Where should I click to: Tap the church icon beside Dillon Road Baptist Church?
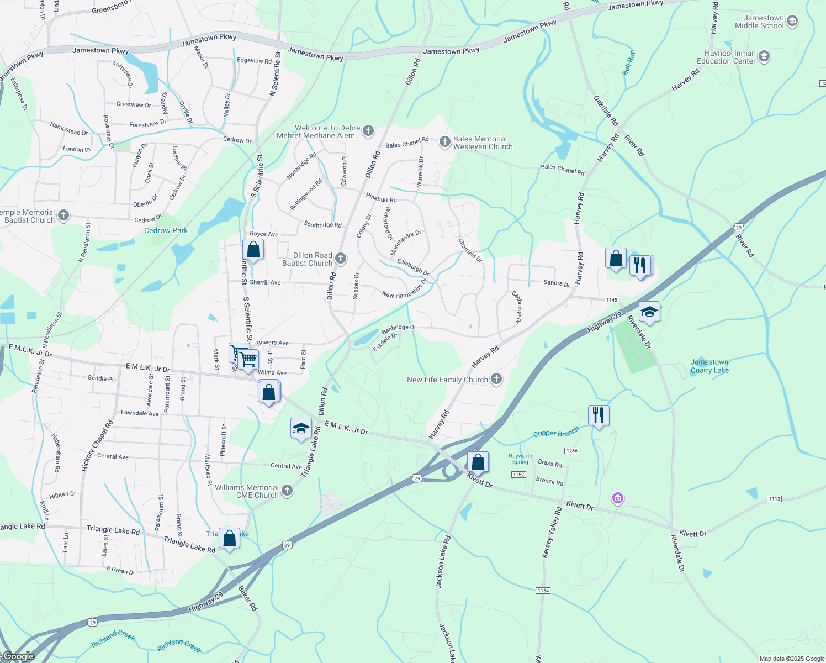pos(341,259)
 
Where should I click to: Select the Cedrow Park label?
pos(166,230)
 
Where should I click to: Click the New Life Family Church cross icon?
pos(496,379)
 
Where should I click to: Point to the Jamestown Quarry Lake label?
pos(709,366)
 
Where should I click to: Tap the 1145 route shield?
pos(611,300)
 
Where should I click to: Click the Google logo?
pos(18,656)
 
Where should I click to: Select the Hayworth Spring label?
pos(520,459)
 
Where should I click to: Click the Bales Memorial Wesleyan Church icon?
pos(444,142)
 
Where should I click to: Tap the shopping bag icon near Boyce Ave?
pos(253,250)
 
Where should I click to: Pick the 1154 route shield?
pos(543,591)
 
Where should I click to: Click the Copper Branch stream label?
pos(556,432)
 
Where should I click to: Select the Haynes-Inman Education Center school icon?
pos(764,56)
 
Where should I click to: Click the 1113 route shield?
pos(774,499)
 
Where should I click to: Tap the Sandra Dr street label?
pos(556,283)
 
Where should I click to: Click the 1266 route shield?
pos(572,451)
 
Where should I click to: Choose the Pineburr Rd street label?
pos(381,198)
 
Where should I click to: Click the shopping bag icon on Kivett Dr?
pos(478,462)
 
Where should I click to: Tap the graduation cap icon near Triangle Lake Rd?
pos(301,429)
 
